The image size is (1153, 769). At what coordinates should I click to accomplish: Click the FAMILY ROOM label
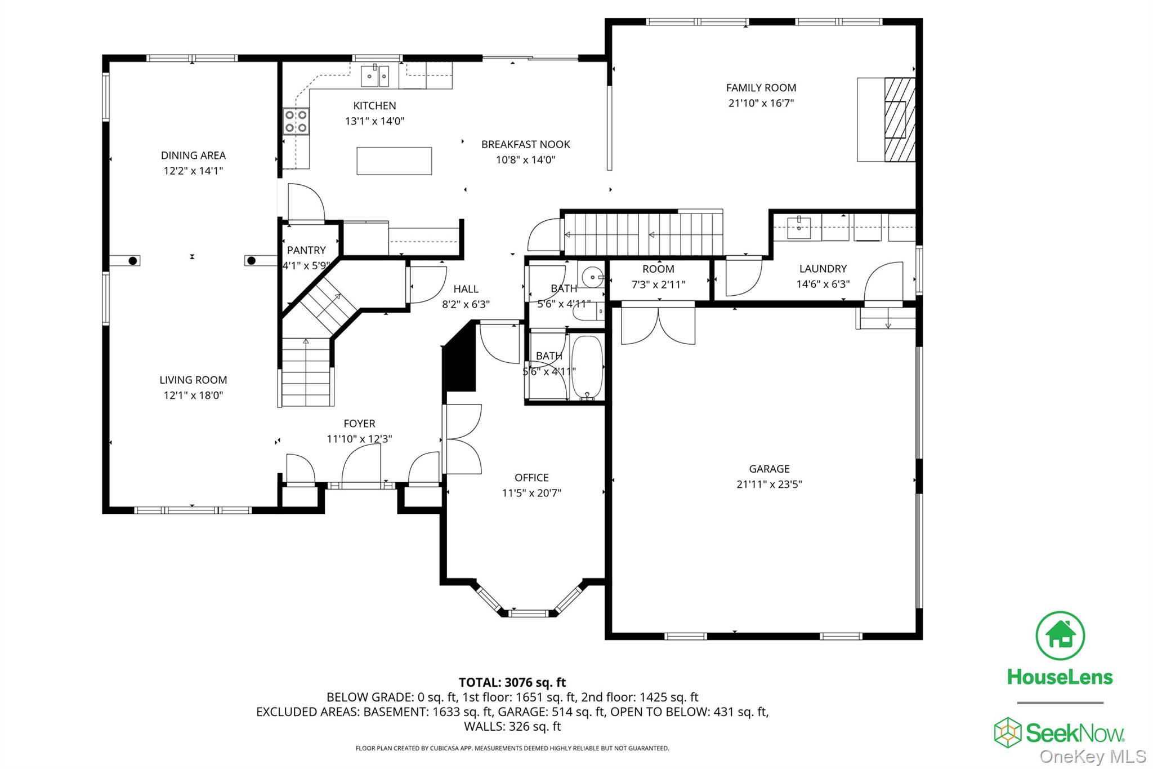pos(761,88)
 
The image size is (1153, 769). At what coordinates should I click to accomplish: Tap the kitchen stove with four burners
pos(296,121)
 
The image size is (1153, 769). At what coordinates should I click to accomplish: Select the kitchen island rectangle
pos(394,161)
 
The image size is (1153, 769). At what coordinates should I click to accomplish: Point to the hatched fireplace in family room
pos(899,119)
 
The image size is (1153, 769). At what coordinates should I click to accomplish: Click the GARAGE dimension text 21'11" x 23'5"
pos(769,484)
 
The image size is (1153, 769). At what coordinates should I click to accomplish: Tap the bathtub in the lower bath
pos(587,368)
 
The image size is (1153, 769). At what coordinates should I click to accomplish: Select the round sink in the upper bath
pos(592,277)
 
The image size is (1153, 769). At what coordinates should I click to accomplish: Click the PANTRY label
pos(306,250)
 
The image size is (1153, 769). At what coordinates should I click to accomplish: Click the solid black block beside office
pos(460,361)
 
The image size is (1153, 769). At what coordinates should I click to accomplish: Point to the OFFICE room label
pos(531,478)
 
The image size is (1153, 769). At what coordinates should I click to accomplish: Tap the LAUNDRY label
pos(823,269)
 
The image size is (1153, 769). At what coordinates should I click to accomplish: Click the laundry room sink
pos(799,227)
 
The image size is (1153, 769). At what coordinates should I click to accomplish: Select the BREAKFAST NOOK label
pos(525,144)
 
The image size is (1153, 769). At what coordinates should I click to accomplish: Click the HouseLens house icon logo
pos(1060,635)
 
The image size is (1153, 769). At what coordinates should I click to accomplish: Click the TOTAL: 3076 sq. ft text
pos(512,682)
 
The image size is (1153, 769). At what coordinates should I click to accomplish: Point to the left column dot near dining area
pos(133,260)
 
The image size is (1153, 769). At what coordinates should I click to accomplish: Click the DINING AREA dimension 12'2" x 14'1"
pos(193,171)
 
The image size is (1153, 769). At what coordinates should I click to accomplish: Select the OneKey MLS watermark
pos(1092,757)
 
